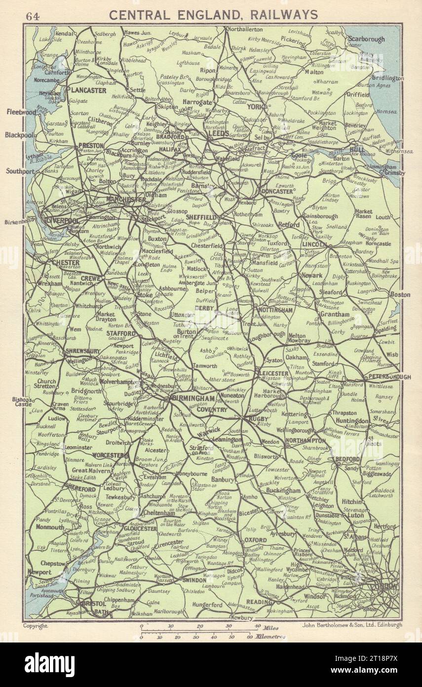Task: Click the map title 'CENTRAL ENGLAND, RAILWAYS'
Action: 213,15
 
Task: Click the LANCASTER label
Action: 88,90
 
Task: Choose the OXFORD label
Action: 256,540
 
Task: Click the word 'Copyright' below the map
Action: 36,625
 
